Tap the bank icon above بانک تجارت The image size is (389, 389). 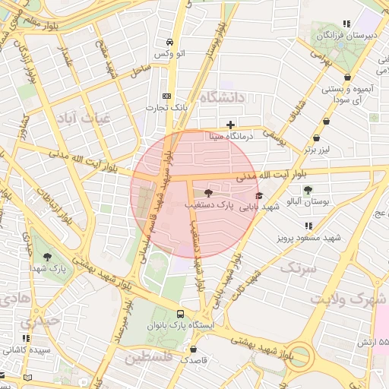point(167,96)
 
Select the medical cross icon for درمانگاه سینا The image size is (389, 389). point(230,125)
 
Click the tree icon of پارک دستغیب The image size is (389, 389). point(209,193)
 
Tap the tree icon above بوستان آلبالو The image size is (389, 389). point(308,191)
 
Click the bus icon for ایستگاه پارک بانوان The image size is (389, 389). point(180,313)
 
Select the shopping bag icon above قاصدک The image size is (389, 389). point(194,349)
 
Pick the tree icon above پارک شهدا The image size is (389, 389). point(48,258)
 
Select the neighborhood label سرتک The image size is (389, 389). point(297,267)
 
